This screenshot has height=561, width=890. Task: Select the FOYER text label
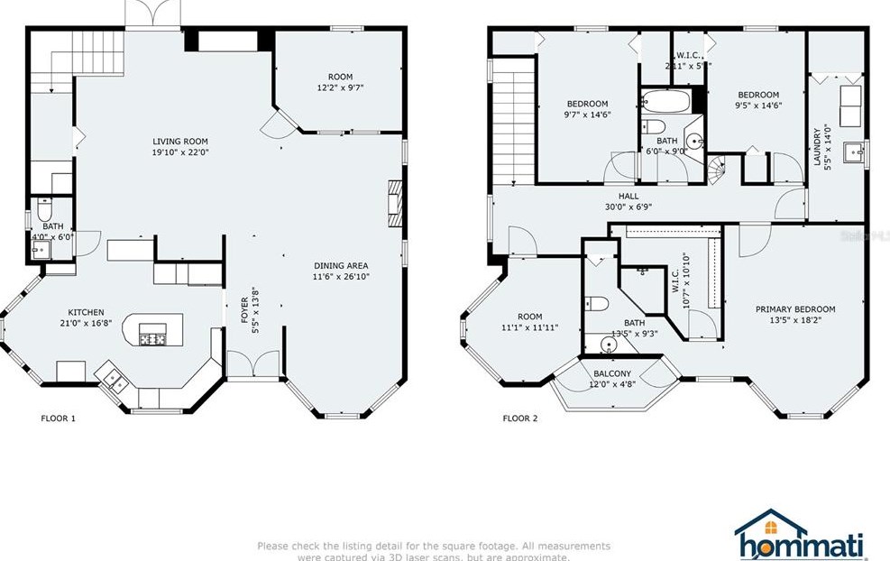[x=244, y=309]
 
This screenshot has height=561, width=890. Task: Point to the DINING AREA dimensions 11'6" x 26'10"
[x=341, y=276]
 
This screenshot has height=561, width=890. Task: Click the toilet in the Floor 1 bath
[x=44, y=212]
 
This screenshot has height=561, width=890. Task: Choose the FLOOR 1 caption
[x=59, y=418]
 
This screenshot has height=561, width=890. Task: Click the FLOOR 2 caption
[x=520, y=418]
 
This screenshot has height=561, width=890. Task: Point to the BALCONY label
[x=612, y=373]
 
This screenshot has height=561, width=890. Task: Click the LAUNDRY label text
[x=817, y=145]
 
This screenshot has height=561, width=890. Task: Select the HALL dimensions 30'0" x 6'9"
[x=628, y=207]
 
